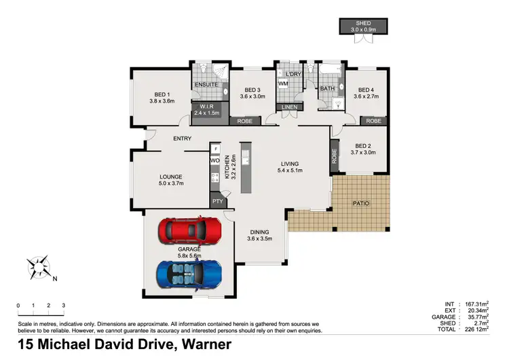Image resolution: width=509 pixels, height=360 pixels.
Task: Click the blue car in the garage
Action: click(x=189, y=273)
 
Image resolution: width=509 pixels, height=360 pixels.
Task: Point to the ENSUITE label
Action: click(x=206, y=85)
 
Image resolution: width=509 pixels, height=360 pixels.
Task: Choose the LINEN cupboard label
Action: click(x=290, y=107)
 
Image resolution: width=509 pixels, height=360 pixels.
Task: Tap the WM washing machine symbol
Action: click(x=283, y=83)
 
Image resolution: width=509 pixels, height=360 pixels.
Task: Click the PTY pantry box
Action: click(x=218, y=201)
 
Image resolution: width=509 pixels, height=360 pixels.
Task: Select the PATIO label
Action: click(x=360, y=202)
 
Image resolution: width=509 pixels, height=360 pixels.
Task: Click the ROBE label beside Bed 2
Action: click(x=335, y=156)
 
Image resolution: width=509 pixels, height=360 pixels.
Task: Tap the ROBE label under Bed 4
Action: click(x=373, y=121)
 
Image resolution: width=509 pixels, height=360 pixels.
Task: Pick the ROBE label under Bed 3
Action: click(x=244, y=122)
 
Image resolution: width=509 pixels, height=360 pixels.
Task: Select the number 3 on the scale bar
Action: click(x=63, y=305)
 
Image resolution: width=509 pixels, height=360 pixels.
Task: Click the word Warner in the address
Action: click(x=203, y=346)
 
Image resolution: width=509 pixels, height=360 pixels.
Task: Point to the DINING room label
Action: click(x=260, y=234)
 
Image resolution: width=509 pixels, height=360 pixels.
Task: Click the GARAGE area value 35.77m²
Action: click(x=476, y=316)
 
